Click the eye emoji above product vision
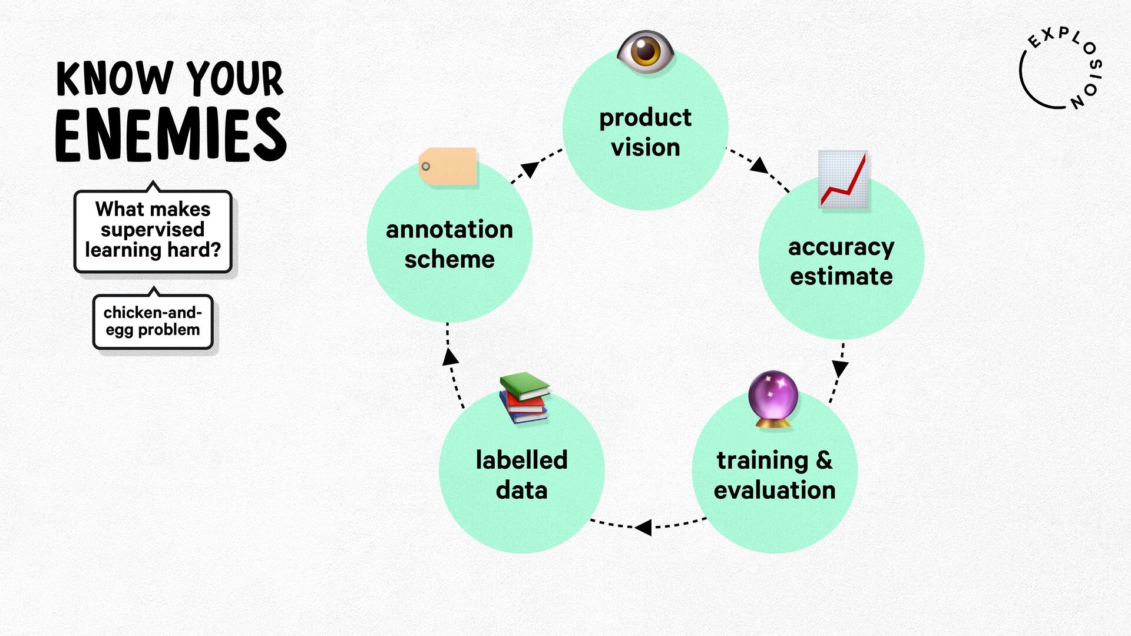click(646, 52)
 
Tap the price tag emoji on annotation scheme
click(448, 167)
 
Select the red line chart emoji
click(844, 179)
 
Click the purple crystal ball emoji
click(773, 399)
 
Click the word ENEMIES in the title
click(171, 135)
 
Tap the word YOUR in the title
click(235, 78)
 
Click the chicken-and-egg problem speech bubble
click(153, 321)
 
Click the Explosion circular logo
click(1060, 68)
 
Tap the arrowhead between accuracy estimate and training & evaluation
click(839, 369)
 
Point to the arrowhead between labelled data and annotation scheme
click(450, 356)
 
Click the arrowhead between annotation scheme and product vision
click(530, 169)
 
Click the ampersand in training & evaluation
click(825, 460)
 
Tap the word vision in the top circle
click(646, 147)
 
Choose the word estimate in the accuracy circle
click(841, 276)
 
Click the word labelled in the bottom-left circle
click(522, 460)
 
